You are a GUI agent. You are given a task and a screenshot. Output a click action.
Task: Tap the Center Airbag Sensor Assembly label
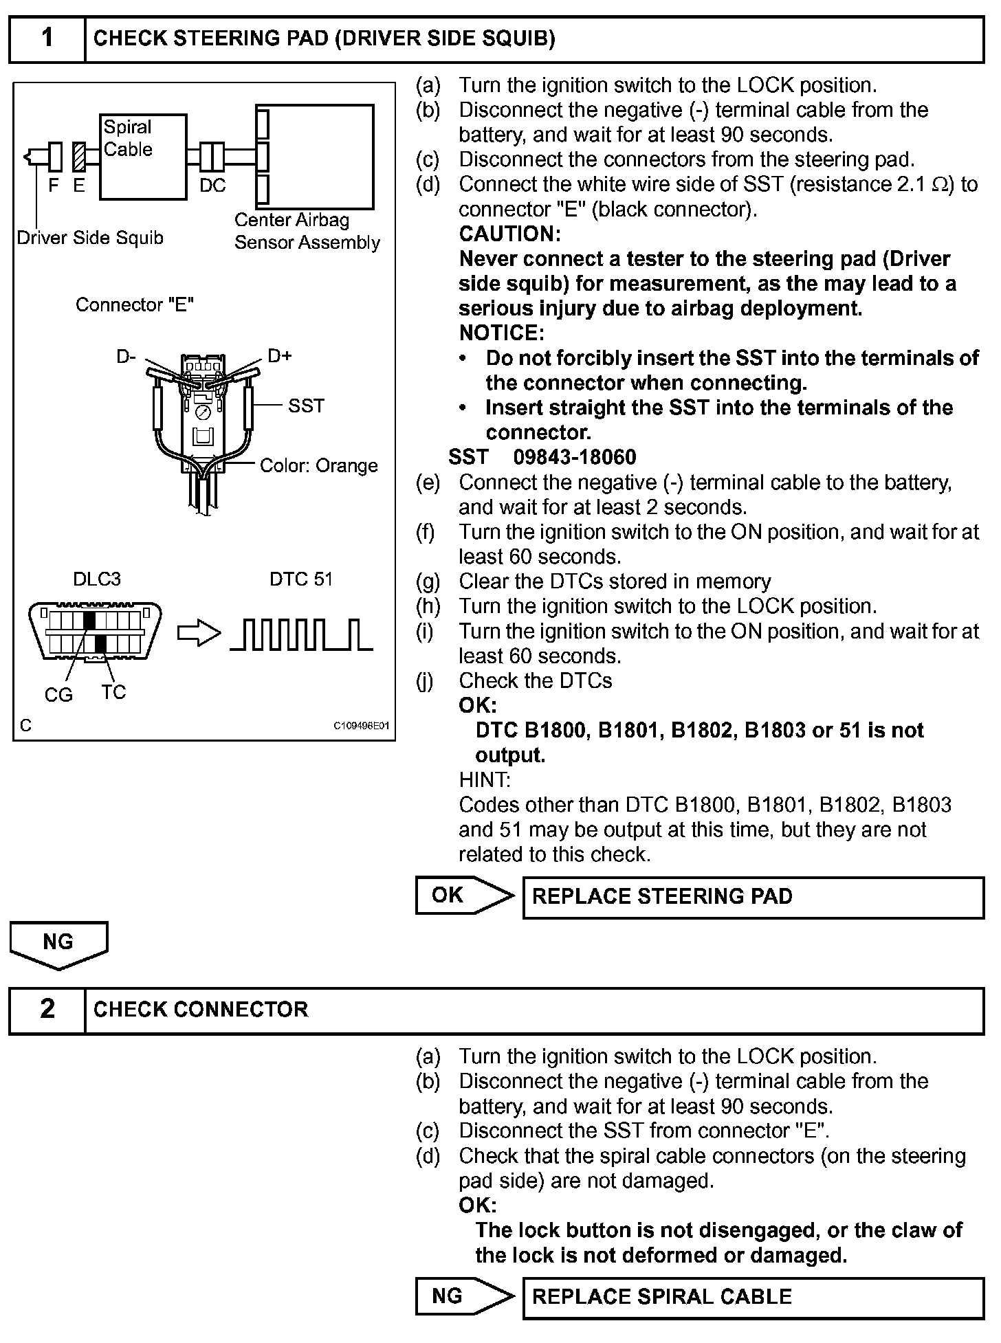coord(307,232)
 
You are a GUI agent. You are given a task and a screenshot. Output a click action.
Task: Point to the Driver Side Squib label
coord(90,238)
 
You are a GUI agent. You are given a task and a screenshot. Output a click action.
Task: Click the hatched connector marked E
coord(78,157)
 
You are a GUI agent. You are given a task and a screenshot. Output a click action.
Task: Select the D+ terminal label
coord(279,356)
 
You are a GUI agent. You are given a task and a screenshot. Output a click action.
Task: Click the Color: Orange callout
coord(318,466)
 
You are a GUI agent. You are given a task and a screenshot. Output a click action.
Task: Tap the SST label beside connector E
coord(306,406)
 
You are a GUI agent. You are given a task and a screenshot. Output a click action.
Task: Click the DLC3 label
coord(97,579)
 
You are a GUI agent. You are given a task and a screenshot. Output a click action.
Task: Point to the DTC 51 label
coord(300,579)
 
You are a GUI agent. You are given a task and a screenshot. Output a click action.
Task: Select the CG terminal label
coord(58,696)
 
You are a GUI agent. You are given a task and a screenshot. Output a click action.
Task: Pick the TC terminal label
coord(113,692)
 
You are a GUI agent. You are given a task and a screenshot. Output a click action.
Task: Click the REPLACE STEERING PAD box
coord(753,897)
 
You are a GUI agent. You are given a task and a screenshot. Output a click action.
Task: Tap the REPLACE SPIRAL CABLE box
coord(753,1298)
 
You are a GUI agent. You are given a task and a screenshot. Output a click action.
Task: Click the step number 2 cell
coord(47,1009)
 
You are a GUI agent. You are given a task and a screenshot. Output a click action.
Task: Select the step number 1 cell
coord(47,38)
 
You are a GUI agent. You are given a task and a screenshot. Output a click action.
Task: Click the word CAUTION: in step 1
coord(509,234)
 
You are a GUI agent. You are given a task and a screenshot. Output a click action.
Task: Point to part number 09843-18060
coord(575,458)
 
